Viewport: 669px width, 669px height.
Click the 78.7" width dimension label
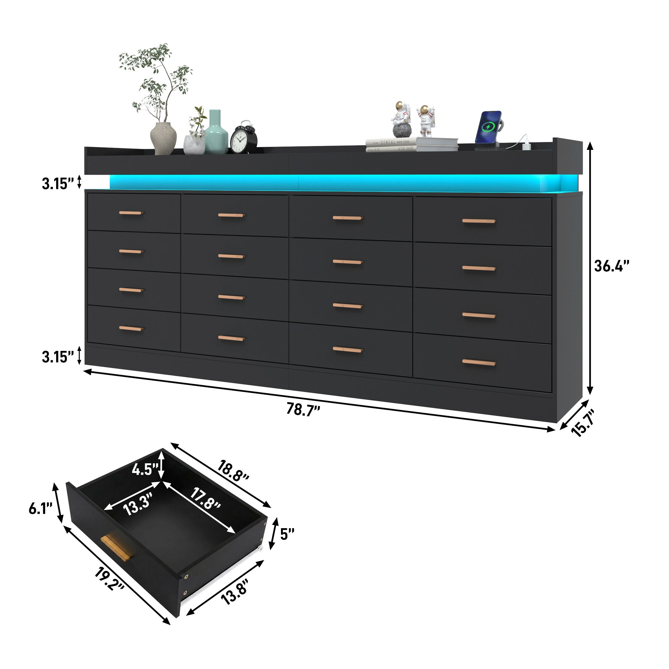303,409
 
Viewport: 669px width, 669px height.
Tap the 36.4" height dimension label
611,266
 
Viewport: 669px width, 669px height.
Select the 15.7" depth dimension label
583,423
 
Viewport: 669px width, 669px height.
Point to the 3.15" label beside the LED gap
58,184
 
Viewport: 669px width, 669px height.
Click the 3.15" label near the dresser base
58,357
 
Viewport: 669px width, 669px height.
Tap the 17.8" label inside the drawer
205,499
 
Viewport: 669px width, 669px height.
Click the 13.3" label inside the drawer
138,504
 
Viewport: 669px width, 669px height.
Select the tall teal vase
216,133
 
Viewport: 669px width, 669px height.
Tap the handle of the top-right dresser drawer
479,221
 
